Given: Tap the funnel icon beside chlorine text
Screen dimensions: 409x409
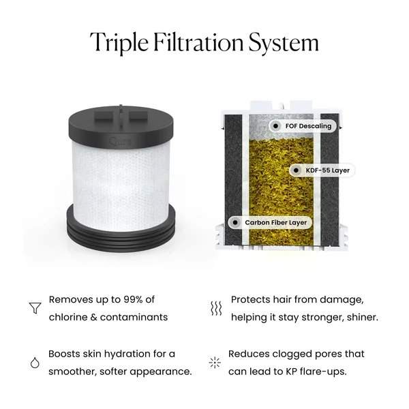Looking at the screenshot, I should pyautogui.click(x=34, y=308).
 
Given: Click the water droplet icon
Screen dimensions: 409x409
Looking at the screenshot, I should pyautogui.click(x=34, y=363).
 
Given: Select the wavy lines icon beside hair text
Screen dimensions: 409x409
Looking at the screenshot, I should pyautogui.click(x=215, y=308).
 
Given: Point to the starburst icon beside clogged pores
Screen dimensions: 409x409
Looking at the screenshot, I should pyautogui.click(x=215, y=363).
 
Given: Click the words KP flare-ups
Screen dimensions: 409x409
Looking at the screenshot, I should pyautogui.click(x=329, y=372).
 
